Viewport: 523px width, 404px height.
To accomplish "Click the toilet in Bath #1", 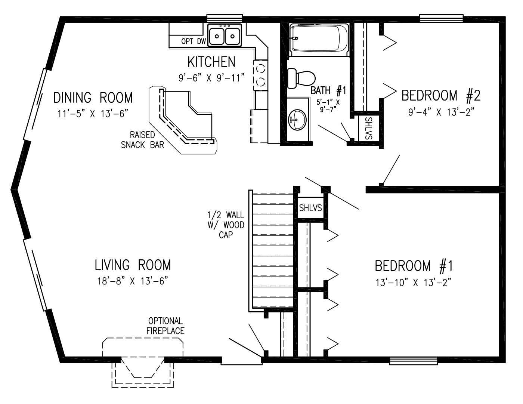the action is [x=301, y=78].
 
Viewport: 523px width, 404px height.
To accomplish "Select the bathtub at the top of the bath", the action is [x=319, y=40].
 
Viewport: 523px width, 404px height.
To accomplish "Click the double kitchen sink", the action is [x=225, y=36].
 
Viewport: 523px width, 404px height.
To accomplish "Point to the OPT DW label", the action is [x=194, y=41].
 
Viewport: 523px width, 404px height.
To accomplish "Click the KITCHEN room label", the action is [x=211, y=62].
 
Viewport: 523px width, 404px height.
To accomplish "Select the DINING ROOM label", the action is [x=93, y=98].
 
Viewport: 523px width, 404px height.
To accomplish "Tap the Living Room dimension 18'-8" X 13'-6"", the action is [x=133, y=281].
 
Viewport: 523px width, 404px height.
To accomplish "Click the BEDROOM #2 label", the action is [x=441, y=95].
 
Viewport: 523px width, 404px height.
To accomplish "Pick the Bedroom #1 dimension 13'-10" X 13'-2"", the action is [x=413, y=283].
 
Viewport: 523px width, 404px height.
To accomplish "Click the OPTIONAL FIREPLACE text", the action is [x=165, y=326].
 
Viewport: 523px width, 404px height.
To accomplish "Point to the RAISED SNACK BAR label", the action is [x=142, y=140].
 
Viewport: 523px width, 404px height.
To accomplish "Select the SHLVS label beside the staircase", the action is [x=310, y=208].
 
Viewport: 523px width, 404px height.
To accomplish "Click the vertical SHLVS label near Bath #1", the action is [x=368, y=128].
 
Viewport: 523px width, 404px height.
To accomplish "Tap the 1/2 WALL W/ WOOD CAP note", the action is [x=226, y=225].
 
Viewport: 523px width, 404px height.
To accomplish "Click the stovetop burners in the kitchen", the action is [x=260, y=75].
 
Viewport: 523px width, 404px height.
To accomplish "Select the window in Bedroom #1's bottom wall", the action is [x=413, y=361].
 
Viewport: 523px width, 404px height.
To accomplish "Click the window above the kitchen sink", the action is [x=225, y=18].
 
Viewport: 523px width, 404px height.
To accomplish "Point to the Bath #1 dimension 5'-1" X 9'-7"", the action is [x=328, y=106].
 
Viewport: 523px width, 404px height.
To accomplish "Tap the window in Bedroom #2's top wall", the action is [x=442, y=18].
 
